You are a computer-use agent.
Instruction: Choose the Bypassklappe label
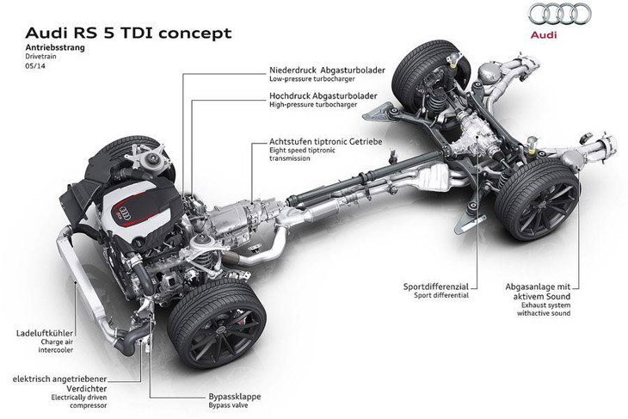pos(235,397)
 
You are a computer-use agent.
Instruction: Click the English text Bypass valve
pos(230,408)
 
